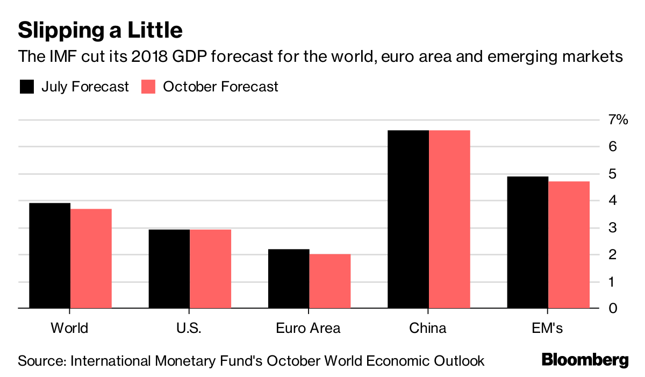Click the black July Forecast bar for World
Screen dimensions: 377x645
[49, 256]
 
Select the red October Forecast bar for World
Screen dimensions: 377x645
[91, 259]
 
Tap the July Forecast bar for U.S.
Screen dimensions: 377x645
[169, 269]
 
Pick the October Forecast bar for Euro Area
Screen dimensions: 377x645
[330, 281]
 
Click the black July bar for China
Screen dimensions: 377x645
[408, 219]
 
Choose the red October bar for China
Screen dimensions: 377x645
[450, 219]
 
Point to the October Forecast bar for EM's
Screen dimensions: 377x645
[569, 245]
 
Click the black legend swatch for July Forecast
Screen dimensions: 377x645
[26, 87]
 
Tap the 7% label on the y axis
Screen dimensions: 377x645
[618, 120]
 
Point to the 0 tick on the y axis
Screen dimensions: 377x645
[613, 309]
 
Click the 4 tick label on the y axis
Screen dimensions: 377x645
[613, 201]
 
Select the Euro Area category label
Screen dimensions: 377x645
[308, 328]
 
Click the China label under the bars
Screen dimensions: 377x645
[428, 328]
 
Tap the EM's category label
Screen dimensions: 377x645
[548, 328]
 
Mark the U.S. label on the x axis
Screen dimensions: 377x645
[189, 328]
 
